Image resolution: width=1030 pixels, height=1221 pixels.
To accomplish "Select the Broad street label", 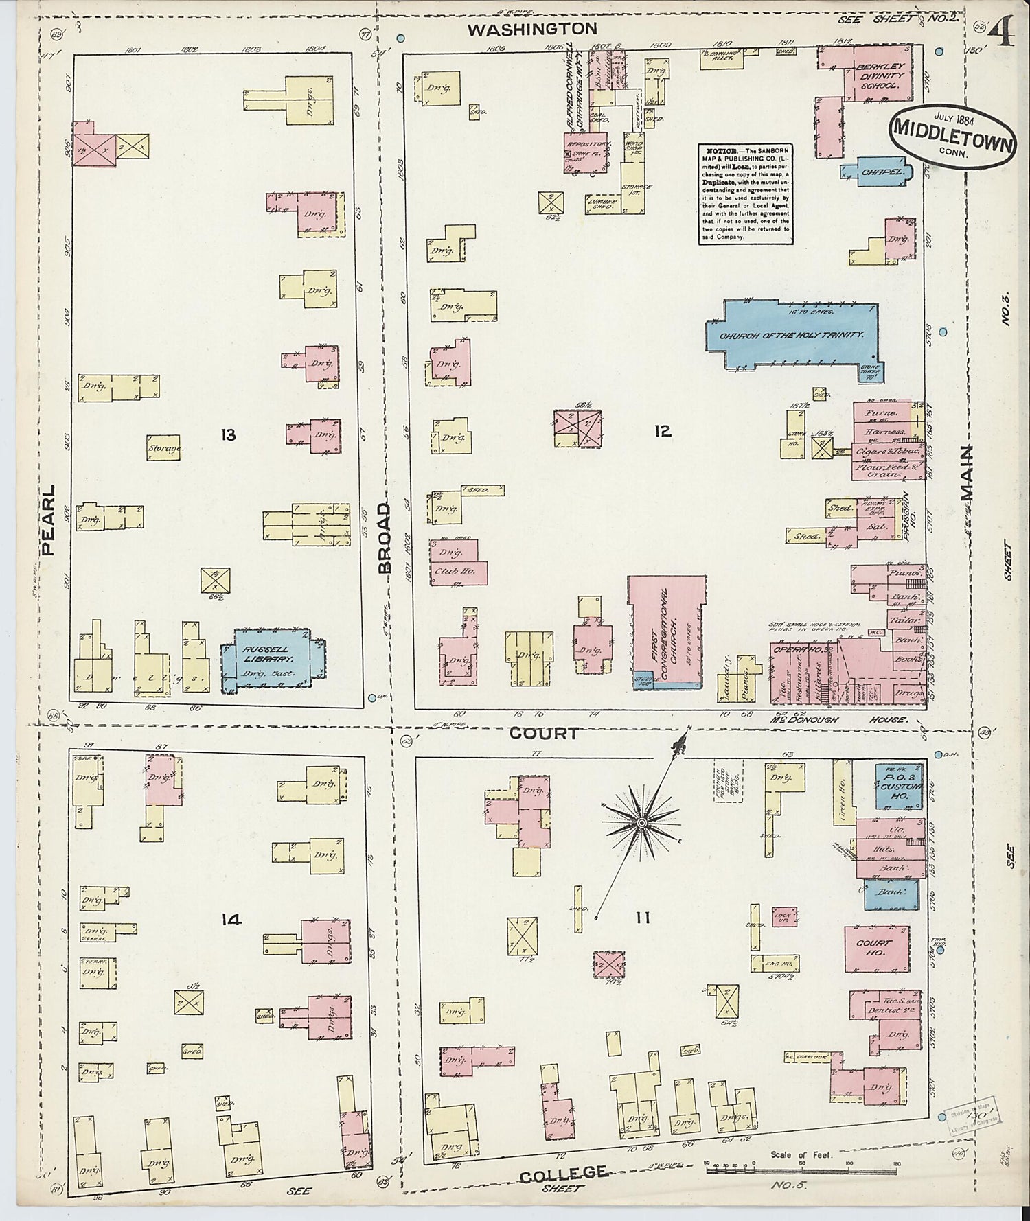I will tap(382, 537).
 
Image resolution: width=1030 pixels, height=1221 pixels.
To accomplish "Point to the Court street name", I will tap(544, 734).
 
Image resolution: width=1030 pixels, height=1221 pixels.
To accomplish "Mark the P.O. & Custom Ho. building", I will tap(897, 787).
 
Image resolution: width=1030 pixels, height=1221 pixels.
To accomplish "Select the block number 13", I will tap(228, 434).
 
